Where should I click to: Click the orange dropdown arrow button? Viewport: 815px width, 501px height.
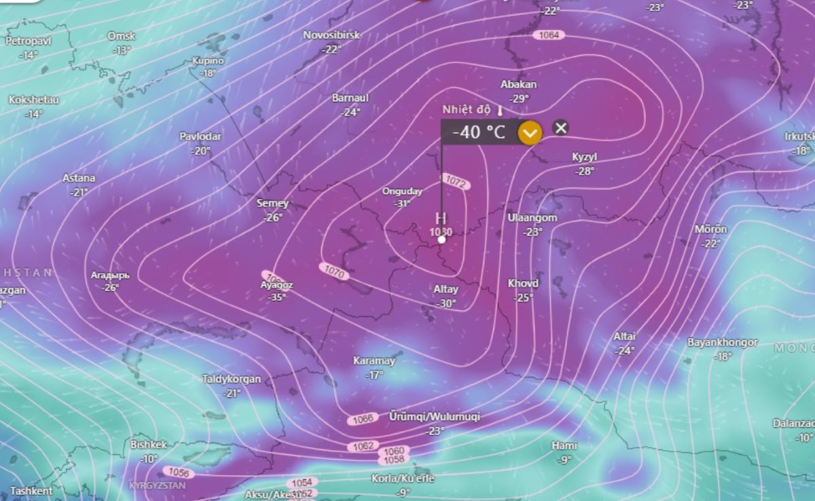pyautogui.click(x=530, y=132)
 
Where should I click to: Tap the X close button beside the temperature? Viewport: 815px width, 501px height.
pyautogui.click(x=560, y=128)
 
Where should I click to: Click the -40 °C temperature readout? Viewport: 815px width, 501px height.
pyautogui.click(x=479, y=132)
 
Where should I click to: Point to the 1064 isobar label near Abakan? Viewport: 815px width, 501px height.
pyautogui.click(x=549, y=35)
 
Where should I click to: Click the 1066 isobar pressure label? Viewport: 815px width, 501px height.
pyautogui.click(x=363, y=420)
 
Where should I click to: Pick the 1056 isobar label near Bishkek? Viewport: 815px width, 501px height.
pyautogui.click(x=179, y=472)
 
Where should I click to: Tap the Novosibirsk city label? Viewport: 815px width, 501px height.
pyautogui.click(x=331, y=35)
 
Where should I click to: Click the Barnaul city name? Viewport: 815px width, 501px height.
pyautogui.click(x=350, y=98)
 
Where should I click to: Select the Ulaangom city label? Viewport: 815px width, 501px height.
pyautogui.click(x=532, y=218)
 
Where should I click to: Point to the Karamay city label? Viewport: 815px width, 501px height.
pyautogui.click(x=374, y=360)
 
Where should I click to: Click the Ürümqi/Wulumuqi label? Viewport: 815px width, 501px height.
pyautogui.click(x=435, y=416)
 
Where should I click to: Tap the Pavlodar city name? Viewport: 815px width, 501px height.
pyautogui.click(x=200, y=136)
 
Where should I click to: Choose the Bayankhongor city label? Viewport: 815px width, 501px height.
pyautogui.click(x=723, y=342)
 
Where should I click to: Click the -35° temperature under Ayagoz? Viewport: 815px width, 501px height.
pyautogui.click(x=277, y=297)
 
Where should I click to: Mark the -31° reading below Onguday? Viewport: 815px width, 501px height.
pyautogui.click(x=403, y=203)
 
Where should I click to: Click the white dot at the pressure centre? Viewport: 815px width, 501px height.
pyautogui.click(x=441, y=239)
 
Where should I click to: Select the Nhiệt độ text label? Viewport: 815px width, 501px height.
pyautogui.click(x=467, y=109)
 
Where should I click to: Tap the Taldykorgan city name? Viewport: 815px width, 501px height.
pyautogui.click(x=232, y=379)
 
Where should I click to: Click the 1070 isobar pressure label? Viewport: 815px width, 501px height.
pyautogui.click(x=335, y=273)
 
